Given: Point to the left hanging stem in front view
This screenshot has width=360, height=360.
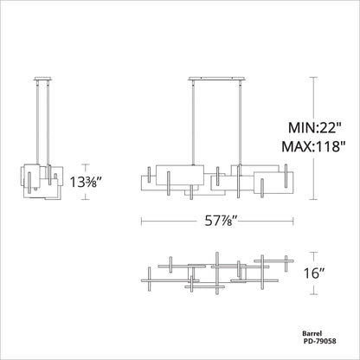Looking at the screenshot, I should (x=190, y=120).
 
